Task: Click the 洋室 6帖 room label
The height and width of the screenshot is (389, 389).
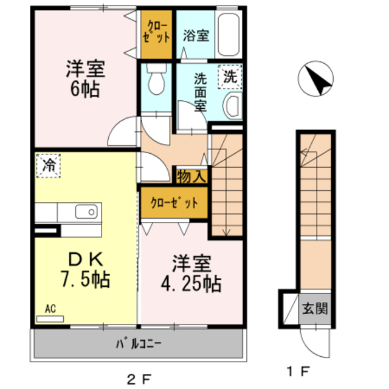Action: coord(85,80)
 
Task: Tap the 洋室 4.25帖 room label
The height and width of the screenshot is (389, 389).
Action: coord(191,274)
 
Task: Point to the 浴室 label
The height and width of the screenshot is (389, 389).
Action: coord(196,35)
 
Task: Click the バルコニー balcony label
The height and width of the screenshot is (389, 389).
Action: coord(139,345)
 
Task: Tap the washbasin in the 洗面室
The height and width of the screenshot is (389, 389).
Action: coord(233,106)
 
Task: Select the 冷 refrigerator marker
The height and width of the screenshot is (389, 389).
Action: coord(49,164)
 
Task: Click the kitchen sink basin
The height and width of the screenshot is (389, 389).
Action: coord(85,212)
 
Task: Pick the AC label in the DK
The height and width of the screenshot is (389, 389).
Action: coord(50,309)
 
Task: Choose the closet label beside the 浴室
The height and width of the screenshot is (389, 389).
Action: coord(157,34)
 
